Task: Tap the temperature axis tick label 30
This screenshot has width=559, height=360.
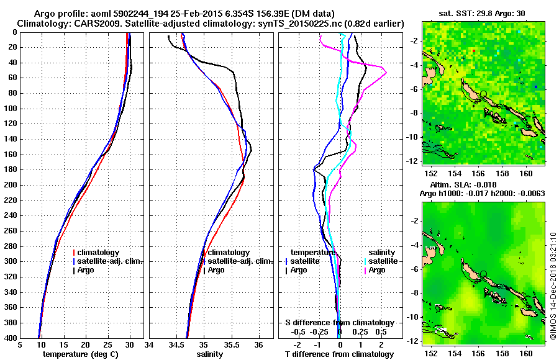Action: pos(130,345)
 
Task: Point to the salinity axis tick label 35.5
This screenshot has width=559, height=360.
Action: pos(231,345)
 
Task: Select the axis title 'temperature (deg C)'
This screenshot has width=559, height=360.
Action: pos(81,354)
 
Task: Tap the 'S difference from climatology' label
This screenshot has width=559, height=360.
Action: pos(339,323)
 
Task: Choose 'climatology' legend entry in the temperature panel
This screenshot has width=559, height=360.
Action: pos(100,253)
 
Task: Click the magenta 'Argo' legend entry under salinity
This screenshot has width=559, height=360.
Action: pos(377,270)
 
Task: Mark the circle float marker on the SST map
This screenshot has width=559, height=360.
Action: pos(483,94)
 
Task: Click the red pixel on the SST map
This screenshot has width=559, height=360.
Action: pos(473,50)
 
